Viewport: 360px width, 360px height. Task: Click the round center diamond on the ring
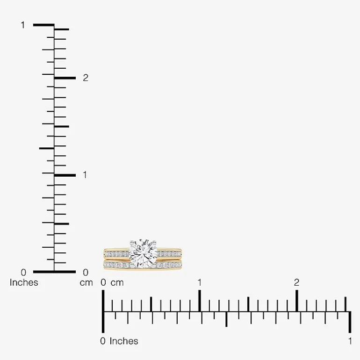click(x=143, y=253)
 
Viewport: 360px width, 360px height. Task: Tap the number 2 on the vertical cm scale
click(x=86, y=78)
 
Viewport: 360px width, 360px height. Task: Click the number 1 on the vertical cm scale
click(x=85, y=175)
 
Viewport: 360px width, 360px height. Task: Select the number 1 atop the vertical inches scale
click(x=23, y=25)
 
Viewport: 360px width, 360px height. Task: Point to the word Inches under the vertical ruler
click(x=24, y=282)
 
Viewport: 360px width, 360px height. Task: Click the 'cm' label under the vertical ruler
click(x=86, y=283)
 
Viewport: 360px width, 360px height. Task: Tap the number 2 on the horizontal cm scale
click(x=296, y=282)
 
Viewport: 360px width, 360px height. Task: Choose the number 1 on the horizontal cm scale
click(x=200, y=282)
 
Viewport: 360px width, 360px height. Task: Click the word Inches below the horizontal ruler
click(x=124, y=341)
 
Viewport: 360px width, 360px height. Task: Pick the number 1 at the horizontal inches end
click(x=350, y=341)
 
